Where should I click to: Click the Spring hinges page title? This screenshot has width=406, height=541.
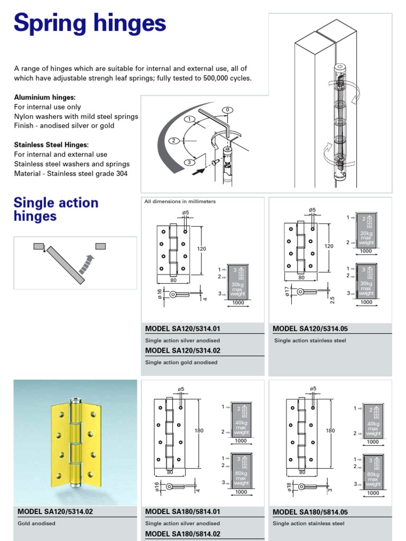(90, 24)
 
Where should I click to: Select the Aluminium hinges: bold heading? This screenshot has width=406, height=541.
(45, 98)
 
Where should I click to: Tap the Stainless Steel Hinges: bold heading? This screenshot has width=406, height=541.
(51, 145)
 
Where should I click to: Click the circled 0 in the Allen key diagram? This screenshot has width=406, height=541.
(227, 110)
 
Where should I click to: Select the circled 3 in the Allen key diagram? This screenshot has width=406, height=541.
(187, 162)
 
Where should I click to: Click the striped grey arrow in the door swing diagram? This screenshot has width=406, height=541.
(86, 263)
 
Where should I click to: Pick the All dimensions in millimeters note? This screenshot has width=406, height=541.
(180, 202)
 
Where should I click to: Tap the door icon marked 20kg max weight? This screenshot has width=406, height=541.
(366, 230)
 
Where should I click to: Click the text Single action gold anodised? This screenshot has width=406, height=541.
(181, 362)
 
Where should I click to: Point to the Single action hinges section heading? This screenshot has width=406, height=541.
(56, 209)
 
